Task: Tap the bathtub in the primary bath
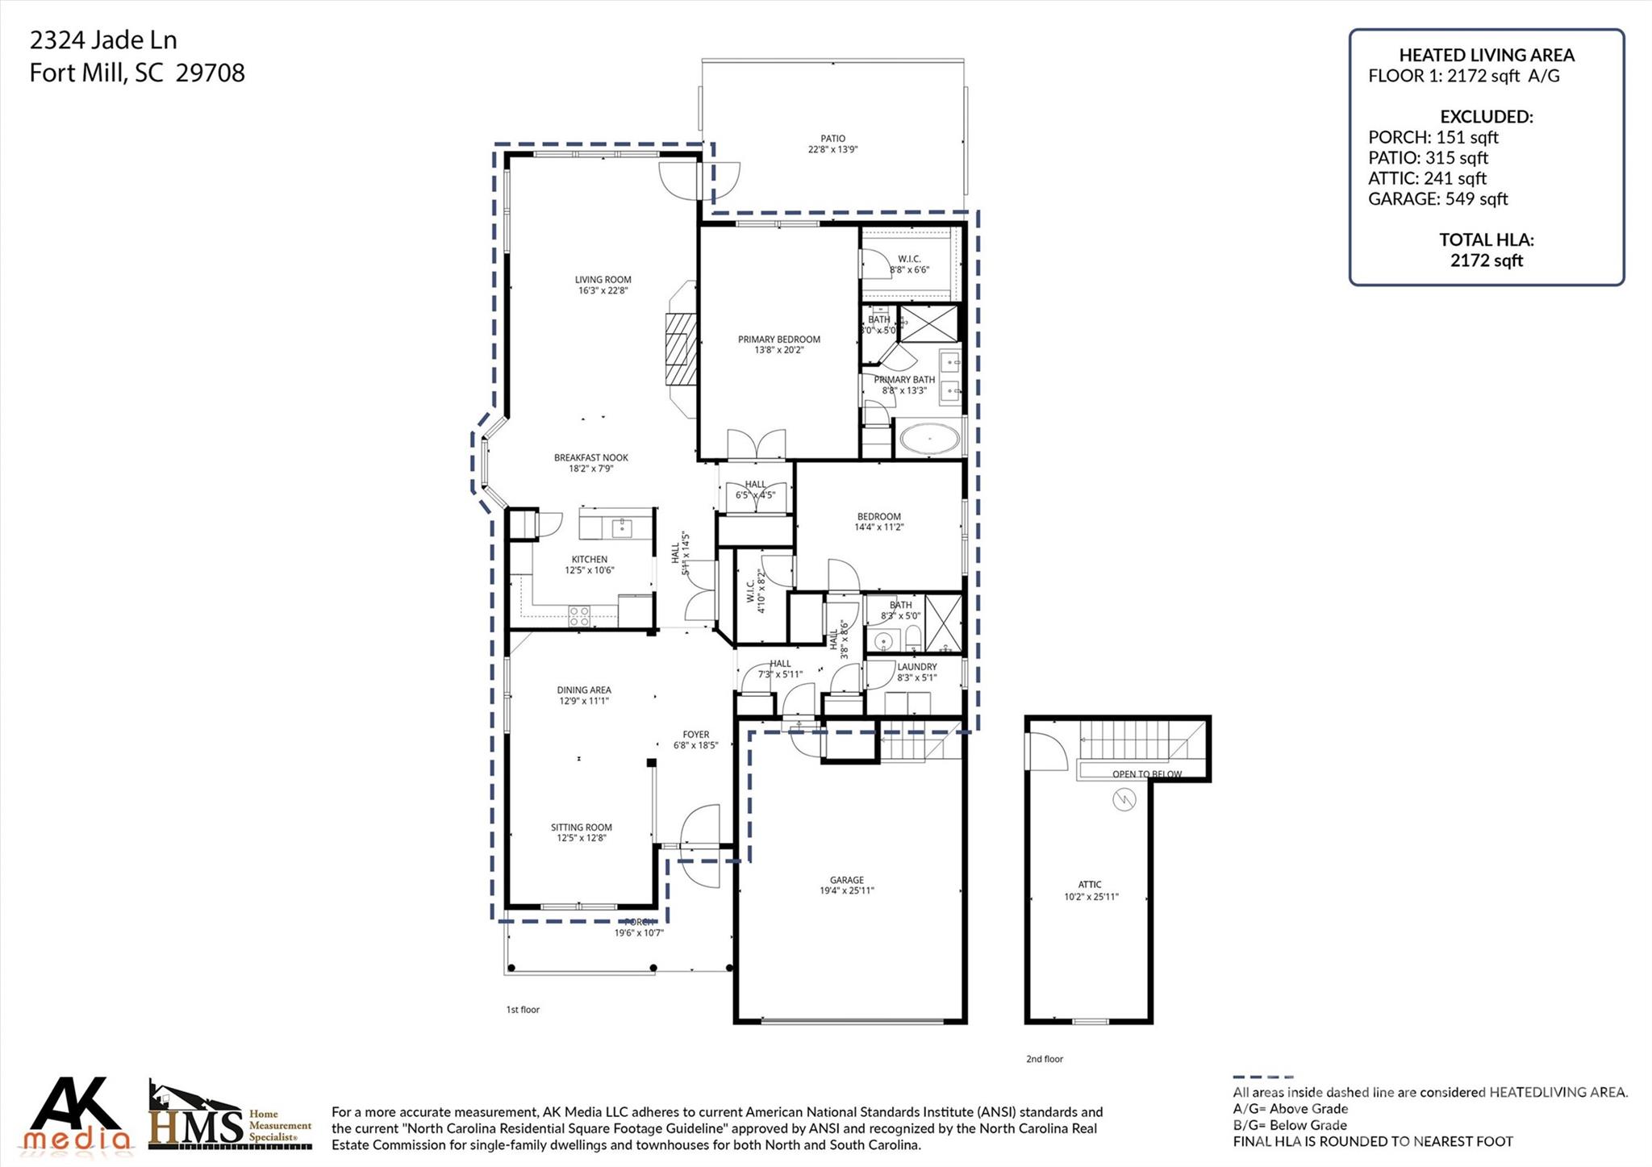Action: click(929, 440)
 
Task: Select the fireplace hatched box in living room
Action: click(680, 351)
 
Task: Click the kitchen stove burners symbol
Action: click(579, 616)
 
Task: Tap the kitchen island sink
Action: click(622, 528)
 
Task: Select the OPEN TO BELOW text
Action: click(1146, 774)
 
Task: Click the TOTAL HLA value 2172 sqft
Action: click(1486, 260)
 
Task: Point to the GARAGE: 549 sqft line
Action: click(1437, 199)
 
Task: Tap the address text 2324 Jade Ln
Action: click(103, 40)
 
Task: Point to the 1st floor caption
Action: click(523, 1010)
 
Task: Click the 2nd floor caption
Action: click(1045, 1059)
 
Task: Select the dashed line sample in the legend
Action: click(1262, 1077)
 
